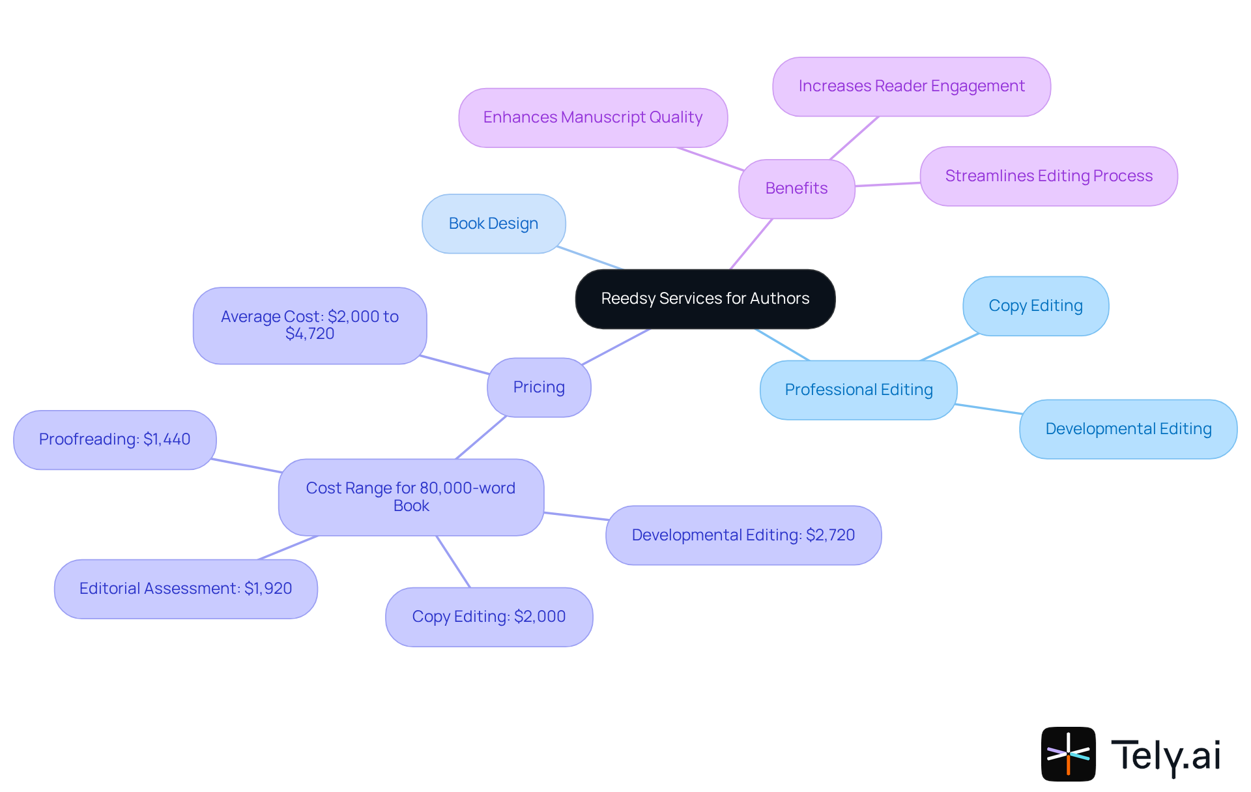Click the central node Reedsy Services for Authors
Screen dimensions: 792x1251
pos(705,299)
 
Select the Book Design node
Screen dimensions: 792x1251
pos(493,224)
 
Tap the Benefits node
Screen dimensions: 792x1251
pos(796,188)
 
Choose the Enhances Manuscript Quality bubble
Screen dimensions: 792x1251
pos(592,117)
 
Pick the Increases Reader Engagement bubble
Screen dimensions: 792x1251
pos(911,86)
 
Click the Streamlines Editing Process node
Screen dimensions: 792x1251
pos(1048,176)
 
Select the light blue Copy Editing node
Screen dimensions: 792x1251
pos(1035,306)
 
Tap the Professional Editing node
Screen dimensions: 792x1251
pos(858,390)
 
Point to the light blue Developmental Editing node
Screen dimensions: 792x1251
pos(1128,429)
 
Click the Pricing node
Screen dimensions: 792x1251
pos(539,387)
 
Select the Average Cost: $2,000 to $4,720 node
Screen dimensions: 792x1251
pos(309,325)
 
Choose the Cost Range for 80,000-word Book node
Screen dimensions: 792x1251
pos(410,497)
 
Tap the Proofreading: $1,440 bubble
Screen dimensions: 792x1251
pos(115,439)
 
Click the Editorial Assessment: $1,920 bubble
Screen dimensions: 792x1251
pos(186,589)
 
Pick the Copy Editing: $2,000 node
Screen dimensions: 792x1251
pos(489,617)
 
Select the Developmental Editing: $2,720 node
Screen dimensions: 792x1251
pos(743,535)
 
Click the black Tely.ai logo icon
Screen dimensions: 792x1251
pos(1068,754)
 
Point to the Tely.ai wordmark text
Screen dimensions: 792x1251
pos(1166,755)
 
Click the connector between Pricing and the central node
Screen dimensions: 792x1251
pos(616,347)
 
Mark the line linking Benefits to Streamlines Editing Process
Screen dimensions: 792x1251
pos(887,184)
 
